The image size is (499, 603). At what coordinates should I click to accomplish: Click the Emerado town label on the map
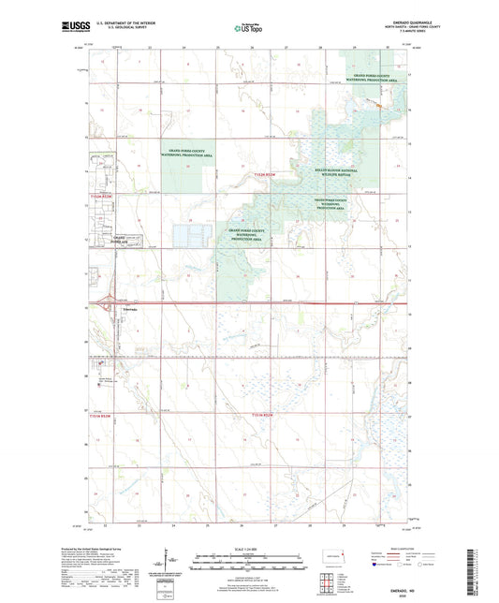130,308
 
